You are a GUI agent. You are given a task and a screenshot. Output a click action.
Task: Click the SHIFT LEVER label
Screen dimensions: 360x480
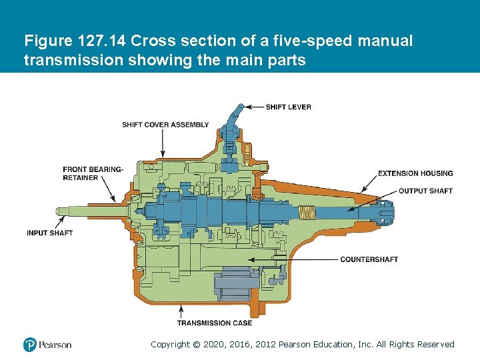[288, 107]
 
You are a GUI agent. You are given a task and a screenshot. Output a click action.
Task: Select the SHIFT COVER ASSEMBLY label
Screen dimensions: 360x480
[165, 125]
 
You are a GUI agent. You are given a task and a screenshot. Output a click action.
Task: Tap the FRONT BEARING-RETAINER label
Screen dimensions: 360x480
[93, 173]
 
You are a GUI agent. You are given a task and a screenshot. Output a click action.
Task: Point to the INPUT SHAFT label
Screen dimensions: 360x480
[49, 233]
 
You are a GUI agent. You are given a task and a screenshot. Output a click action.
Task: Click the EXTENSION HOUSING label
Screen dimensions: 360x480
[415, 173]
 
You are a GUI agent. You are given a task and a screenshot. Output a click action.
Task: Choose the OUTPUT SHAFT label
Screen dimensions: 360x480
[425, 191]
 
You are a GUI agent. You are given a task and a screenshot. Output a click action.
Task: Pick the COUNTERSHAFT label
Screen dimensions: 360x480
[369, 259]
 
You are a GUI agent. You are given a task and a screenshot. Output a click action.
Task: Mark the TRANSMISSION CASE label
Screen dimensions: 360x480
[215, 323]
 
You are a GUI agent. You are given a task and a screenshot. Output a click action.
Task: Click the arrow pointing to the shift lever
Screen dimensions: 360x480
[253, 107]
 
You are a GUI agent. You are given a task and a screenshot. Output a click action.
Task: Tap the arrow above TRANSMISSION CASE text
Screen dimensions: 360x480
[182, 311]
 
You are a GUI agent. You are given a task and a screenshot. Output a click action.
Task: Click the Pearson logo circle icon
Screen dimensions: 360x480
[29, 345]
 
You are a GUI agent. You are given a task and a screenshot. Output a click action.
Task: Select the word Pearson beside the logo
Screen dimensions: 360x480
[55, 345]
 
